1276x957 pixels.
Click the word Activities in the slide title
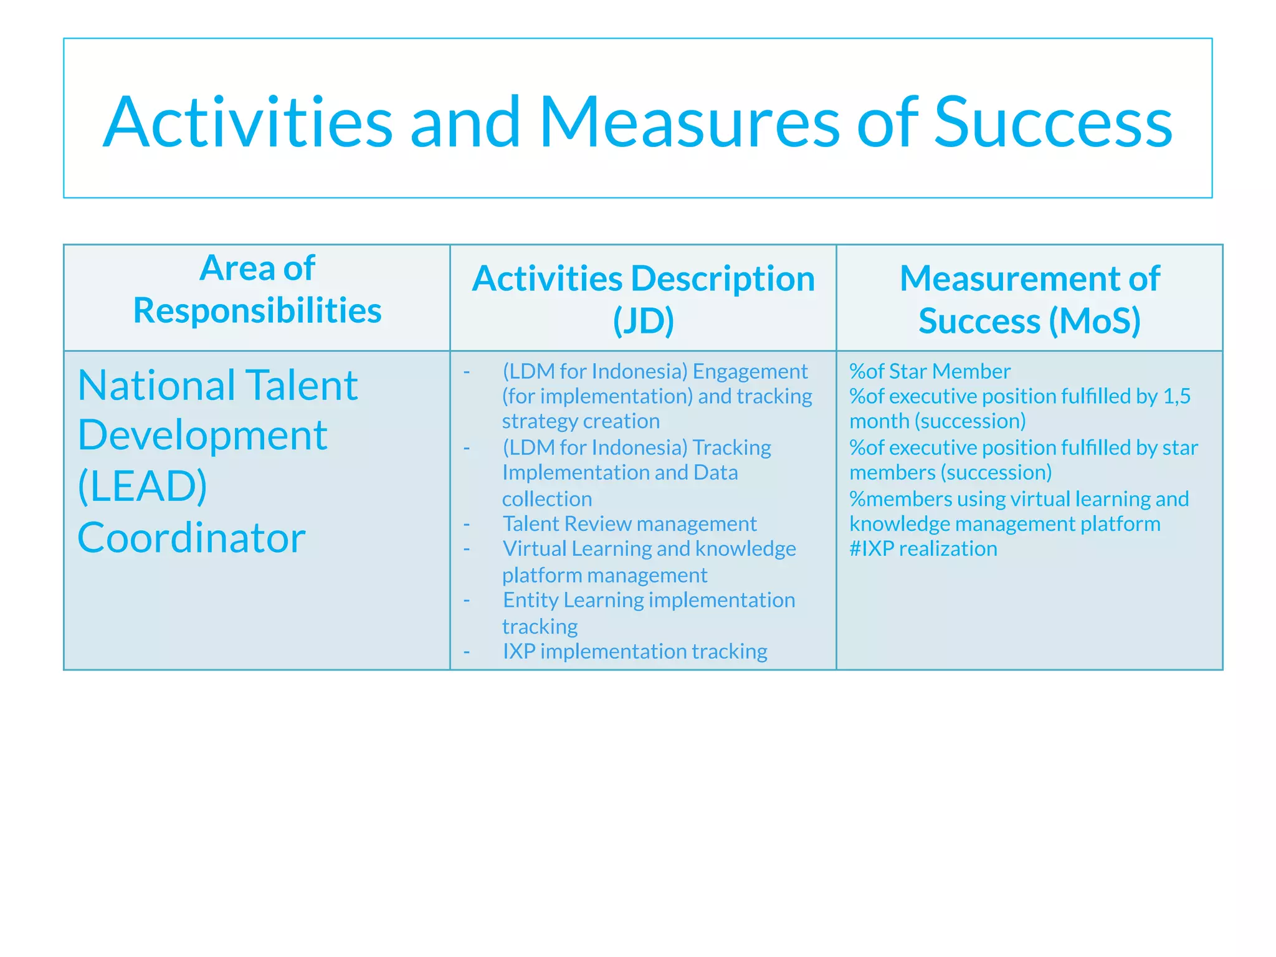[x=247, y=123]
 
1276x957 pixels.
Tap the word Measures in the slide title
[x=689, y=123]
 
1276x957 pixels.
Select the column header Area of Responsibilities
[x=257, y=289]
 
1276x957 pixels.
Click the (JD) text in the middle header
[x=643, y=321]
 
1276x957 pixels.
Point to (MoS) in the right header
[x=1095, y=321]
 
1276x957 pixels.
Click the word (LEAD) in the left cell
[x=143, y=486]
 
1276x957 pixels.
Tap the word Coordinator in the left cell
[x=191, y=538]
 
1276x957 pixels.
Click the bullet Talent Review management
[x=629, y=524]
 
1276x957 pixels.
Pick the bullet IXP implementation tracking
[x=635, y=652]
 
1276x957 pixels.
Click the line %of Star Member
[x=930, y=371]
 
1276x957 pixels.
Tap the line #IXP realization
[x=923, y=549]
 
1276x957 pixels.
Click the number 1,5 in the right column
[x=1177, y=396]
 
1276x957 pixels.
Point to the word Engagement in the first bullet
[x=750, y=371]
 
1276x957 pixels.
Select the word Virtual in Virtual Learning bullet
[x=534, y=549]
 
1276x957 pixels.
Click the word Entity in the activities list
[x=530, y=600]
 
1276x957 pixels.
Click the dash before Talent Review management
[x=467, y=524]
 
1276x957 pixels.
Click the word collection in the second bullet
[x=547, y=499]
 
